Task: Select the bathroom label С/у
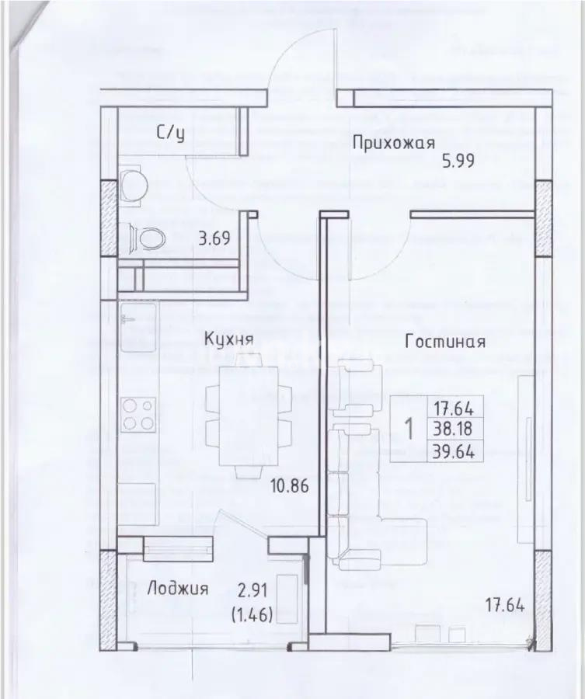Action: pyautogui.click(x=171, y=134)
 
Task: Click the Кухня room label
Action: pyautogui.click(x=230, y=339)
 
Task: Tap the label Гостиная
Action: pyautogui.click(x=445, y=342)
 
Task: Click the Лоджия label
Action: pyautogui.click(x=177, y=589)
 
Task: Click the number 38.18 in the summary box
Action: pyautogui.click(x=454, y=427)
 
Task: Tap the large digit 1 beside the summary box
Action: pyautogui.click(x=409, y=427)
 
